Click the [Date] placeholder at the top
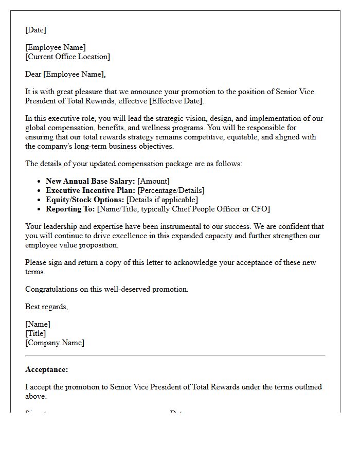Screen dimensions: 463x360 click(x=35, y=30)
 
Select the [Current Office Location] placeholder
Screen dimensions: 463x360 click(x=67, y=57)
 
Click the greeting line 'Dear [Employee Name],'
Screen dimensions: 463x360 click(x=65, y=74)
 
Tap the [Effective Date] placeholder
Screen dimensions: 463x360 click(x=176, y=101)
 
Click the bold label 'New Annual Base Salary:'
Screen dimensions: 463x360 click(x=91, y=181)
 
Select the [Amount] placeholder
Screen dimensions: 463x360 click(x=153, y=181)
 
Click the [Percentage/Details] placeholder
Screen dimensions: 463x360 click(x=171, y=190)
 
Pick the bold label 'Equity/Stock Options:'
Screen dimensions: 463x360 click(x=85, y=200)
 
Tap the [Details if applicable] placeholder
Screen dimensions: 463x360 click(x=162, y=200)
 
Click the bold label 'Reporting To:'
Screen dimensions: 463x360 click(x=70, y=209)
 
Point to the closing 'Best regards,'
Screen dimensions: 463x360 click(x=46, y=307)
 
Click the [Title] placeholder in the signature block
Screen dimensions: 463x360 click(x=35, y=333)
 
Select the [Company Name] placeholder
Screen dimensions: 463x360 click(x=55, y=343)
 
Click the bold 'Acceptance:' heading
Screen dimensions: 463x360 click(x=46, y=369)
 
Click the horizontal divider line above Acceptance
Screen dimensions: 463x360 click(x=175, y=355)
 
